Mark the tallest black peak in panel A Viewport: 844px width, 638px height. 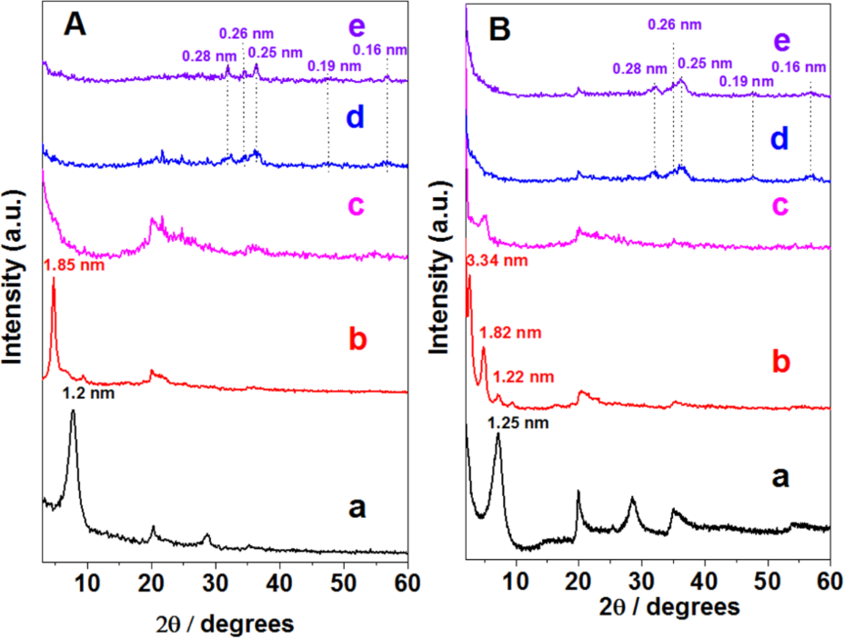coord(72,414)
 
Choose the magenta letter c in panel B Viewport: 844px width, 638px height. coord(777,204)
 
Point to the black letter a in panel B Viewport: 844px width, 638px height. coord(779,477)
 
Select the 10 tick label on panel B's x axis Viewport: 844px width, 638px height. coord(516,579)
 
